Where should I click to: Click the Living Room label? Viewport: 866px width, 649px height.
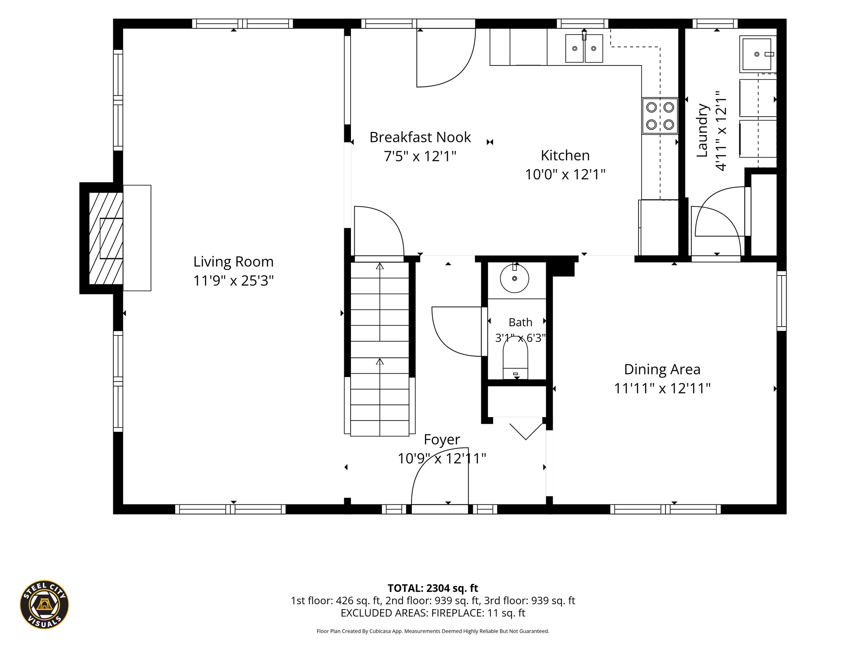pyautogui.click(x=233, y=262)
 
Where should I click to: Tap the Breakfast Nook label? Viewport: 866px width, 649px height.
pyautogui.click(x=420, y=137)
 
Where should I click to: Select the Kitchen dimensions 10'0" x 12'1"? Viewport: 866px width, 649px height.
pyautogui.click(x=565, y=174)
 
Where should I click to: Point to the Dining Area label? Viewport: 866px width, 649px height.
pyautogui.click(x=662, y=369)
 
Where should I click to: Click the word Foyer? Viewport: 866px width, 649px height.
pyautogui.click(x=442, y=440)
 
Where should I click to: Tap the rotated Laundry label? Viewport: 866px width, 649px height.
pyautogui.click(x=702, y=130)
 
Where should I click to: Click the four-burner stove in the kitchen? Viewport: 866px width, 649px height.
pyautogui.click(x=660, y=116)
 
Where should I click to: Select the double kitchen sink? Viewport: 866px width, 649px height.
pyautogui.click(x=584, y=48)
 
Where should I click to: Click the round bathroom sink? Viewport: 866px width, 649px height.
pyautogui.click(x=515, y=278)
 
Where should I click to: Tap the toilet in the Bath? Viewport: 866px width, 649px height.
pyautogui.click(x=515, y=358)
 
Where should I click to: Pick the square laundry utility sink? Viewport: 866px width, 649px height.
pyautogui.click(x=758, y=54)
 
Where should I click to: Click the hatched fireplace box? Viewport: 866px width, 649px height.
pyautogui.click(x=106, y=238)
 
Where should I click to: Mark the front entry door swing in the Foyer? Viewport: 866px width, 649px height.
pyautogui.click(x=440, y=476)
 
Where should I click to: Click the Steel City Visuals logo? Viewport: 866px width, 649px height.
pyautogui.click(x=44, y=605)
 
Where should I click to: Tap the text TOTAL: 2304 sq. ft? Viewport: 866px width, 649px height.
pyautogui.click(x=433, y=588)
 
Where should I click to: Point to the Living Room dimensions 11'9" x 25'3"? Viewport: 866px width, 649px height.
pyautogui.click(x=233, y=281)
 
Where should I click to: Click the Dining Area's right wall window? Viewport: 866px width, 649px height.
pyautogui.click(x=781, y=301)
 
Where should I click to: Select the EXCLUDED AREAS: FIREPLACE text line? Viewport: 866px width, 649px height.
pyautogui.click(x=433, y=613)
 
